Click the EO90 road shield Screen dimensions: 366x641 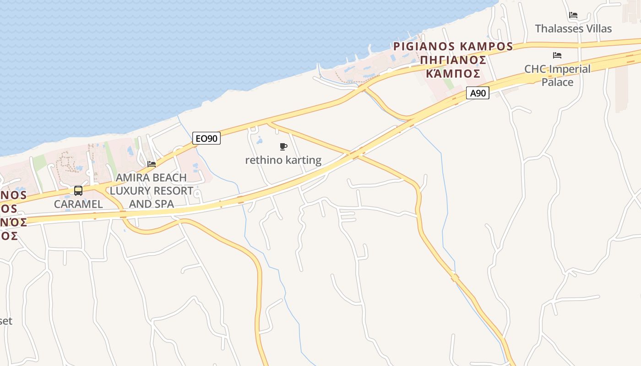tap(206, 138)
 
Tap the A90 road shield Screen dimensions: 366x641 tap(478, 93)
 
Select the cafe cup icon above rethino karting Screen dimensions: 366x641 tap(283, 147)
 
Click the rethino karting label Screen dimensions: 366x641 tap(283, 160)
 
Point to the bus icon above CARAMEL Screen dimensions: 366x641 tap(78, 191)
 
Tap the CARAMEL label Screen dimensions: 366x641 tap(78, 204)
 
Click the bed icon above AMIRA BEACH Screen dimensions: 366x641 tap(152, 164)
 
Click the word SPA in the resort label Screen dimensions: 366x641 tap(164, 204)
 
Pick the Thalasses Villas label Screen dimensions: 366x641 tap(573, 28)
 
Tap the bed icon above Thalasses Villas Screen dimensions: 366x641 tap(573, 15)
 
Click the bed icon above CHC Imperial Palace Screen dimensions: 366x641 tap(557, 55)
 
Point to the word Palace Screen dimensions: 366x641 tap(557, 82)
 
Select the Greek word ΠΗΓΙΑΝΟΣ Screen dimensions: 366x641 tap(453, 60)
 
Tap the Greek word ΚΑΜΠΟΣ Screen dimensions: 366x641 tap(453, 74)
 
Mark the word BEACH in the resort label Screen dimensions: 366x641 tap(169, 178)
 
